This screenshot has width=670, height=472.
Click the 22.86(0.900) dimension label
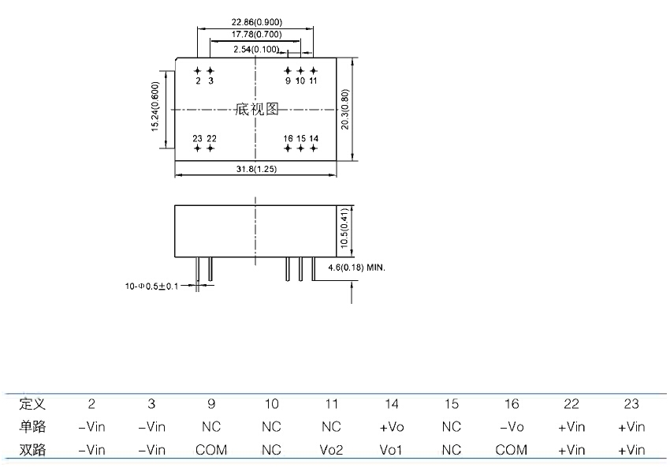click(256, 22)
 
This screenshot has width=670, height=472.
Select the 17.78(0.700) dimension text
click(256, 36)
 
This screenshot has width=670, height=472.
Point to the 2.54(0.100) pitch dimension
click(256, 49)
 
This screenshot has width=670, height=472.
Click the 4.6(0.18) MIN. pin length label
click(352, 268)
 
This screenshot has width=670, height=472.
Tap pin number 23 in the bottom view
click(197, 138)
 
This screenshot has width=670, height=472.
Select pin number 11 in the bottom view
click(313, 81)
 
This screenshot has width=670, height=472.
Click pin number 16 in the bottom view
click(288, 138)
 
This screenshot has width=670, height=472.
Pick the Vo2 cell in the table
click(331, 450)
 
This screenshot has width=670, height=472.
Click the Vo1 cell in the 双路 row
click(392, 450)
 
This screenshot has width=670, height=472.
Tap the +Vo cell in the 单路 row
click(392, 427)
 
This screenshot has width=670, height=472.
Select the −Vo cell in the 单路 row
click(512, 427)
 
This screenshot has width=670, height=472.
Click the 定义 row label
click(32, 404)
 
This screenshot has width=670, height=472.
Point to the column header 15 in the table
click(451, 404)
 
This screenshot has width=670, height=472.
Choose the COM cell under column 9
click(211, 450)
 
